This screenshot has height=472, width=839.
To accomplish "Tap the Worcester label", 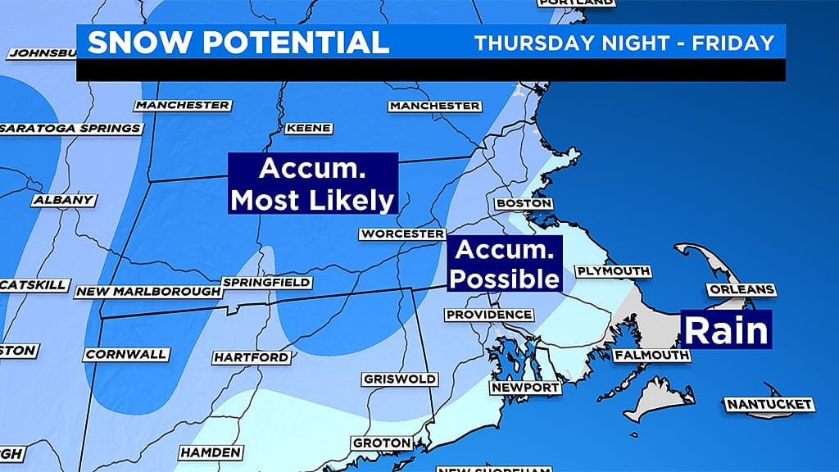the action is coord(401,234).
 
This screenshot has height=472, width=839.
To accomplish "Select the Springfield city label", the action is coord(267,283).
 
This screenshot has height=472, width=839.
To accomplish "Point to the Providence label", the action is coord(488,315).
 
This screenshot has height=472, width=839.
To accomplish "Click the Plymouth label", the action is coord(613,271).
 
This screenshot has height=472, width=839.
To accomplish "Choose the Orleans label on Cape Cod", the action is coord(741,290).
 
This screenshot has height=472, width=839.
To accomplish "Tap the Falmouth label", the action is coord(651,355).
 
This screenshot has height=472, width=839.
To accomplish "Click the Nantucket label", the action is coord(769,404).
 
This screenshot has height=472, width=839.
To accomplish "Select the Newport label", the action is coord(525,387).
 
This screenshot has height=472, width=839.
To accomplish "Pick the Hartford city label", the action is coord(251,357).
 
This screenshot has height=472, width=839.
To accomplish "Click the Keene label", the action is coord(309,129).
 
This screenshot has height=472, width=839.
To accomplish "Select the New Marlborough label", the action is coord(148,292).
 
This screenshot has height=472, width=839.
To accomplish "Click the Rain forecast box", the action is coord(727,330).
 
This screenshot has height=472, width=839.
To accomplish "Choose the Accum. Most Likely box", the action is coord(312,184).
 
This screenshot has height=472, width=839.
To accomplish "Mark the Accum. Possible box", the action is coord(504,264).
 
